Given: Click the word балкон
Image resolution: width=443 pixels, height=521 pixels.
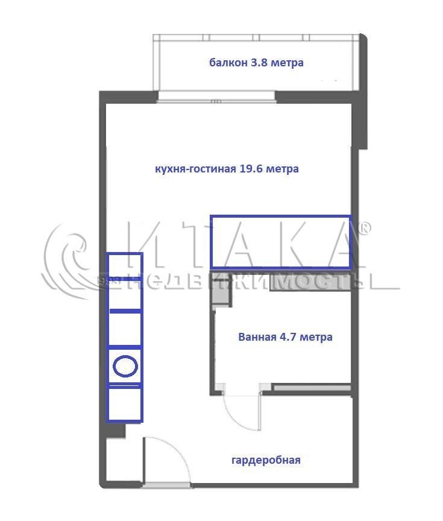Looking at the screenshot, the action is point(228,63).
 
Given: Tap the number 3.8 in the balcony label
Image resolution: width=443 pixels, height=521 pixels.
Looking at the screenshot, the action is point(259,63).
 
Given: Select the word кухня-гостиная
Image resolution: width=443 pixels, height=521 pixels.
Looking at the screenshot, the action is point(195,169).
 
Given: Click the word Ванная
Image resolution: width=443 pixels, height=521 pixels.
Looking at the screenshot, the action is point(257,337).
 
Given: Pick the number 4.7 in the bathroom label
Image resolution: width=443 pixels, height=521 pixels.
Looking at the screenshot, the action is point(288,337).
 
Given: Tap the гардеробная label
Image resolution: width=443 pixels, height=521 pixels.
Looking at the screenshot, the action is point(266,461).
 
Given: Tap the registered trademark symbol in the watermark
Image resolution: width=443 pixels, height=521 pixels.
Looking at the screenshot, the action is point(365,228).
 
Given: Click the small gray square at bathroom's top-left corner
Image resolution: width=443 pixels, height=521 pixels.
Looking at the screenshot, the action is point(220,294).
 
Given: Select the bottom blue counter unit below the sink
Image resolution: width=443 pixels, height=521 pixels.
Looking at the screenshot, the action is point(125,404).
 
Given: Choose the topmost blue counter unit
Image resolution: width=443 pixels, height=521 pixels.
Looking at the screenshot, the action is point(125,265).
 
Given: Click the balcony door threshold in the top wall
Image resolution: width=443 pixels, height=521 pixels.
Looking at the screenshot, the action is point(216,96).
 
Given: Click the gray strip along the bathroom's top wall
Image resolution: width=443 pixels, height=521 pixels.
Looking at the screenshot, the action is point(310,283).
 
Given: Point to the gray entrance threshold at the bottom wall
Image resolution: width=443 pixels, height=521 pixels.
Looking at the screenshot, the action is point(167,485).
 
